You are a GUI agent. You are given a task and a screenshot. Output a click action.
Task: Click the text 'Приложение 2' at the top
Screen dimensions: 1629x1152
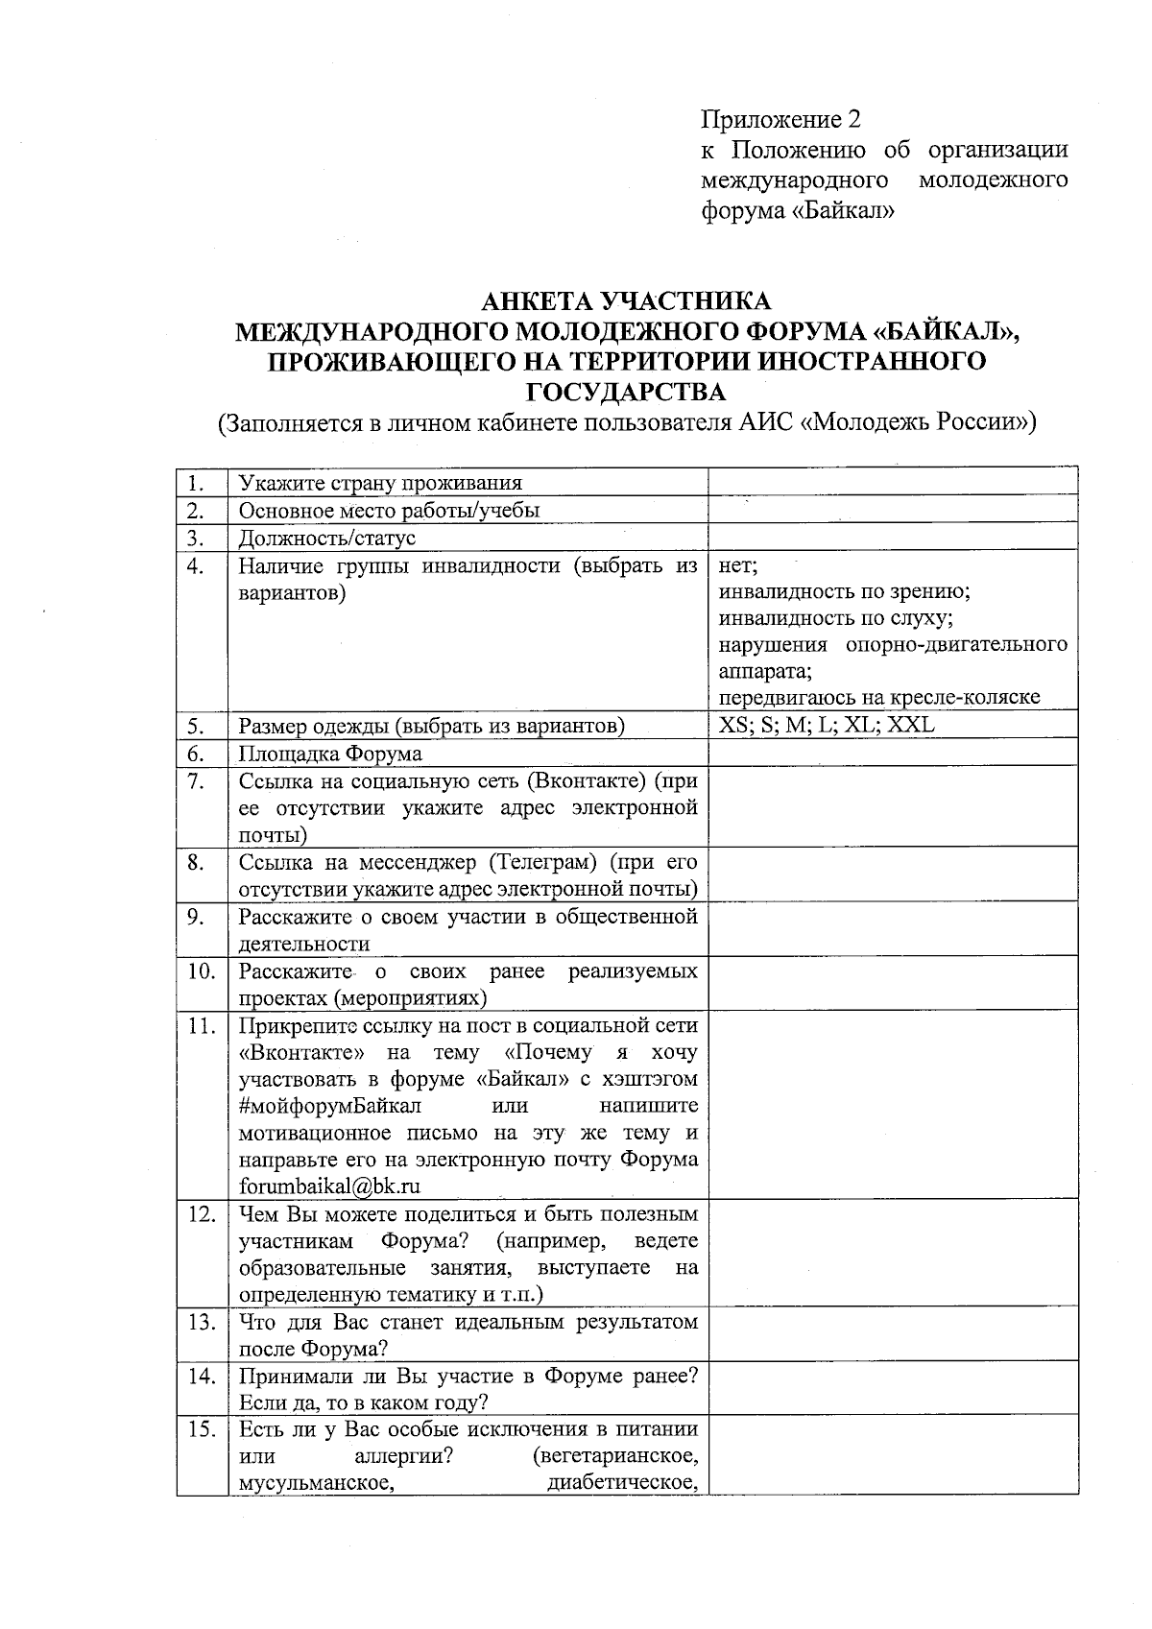point(780,119)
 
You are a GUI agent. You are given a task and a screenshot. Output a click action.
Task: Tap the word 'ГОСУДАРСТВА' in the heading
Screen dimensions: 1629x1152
point(627,393)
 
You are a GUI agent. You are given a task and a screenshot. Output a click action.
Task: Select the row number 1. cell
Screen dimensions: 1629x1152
point(196,483)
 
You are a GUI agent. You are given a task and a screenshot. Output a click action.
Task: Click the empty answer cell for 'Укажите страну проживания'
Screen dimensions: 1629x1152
point(892,483)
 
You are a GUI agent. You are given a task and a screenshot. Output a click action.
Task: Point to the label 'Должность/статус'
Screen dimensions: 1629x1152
point(327,538)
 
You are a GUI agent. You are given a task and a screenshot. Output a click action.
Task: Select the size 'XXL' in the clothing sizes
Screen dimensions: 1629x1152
point(911,725)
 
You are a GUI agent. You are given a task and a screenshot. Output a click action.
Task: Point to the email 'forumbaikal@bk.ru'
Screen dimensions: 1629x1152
point(329,1186)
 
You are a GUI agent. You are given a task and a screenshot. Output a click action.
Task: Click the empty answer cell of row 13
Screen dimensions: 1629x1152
point(892,1334)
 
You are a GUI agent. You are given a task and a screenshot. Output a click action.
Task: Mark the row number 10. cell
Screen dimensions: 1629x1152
point(202,970)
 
